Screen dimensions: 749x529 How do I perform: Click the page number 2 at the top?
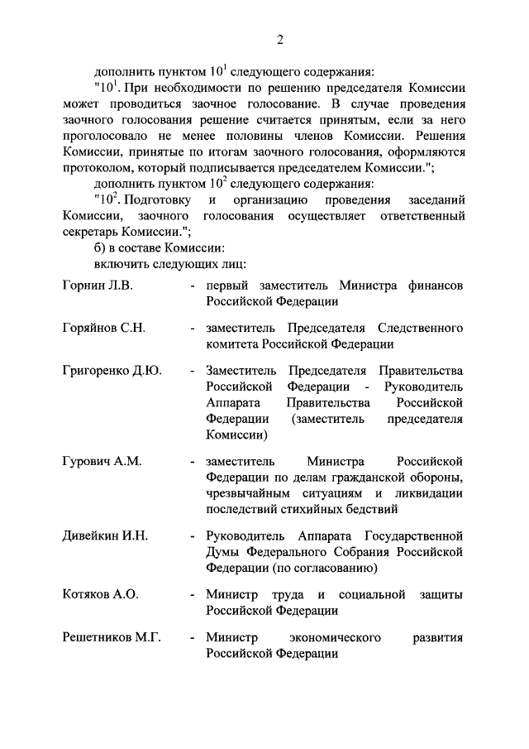coord(280,40)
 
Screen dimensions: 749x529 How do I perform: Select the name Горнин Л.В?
coord(98,285)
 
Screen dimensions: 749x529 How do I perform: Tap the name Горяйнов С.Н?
coord(103,328)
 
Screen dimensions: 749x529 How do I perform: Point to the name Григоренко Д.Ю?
coord(112,371)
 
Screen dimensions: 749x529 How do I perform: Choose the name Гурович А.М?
coord(102,461)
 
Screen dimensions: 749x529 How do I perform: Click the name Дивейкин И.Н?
coord(105,536)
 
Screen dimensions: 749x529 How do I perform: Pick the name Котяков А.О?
coord(100,595)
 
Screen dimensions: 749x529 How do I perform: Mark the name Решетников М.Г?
coord(112,638)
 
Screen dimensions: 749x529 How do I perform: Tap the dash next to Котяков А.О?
coord(192,595)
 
